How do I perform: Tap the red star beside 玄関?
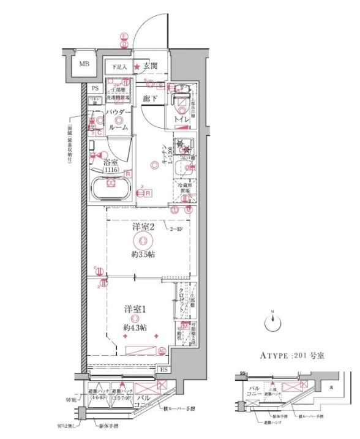138,67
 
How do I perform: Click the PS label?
95,89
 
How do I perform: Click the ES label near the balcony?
164,369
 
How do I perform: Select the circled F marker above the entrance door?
123,36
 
